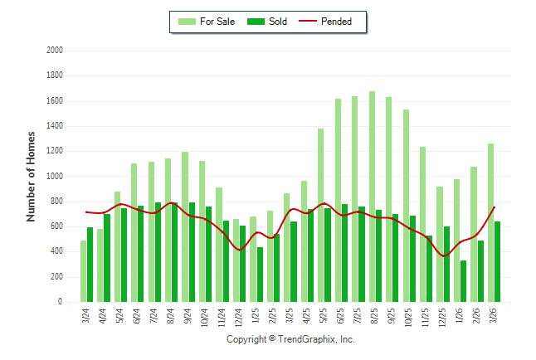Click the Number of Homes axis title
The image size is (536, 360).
point(32,176)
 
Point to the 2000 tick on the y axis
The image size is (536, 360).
point(55,51)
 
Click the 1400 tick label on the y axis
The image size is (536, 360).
point(55,126)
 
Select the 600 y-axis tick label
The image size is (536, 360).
point(56,226)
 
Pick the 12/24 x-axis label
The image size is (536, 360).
point(240,318)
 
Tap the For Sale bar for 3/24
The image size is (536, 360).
point(83,271)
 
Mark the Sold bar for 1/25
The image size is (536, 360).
point(260,275)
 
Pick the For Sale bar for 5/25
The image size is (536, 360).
point(321,215)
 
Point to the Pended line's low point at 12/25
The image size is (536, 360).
point(444,255)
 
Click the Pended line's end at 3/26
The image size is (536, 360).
point(495,207)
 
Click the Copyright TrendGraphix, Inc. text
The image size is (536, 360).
point(290,339)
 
